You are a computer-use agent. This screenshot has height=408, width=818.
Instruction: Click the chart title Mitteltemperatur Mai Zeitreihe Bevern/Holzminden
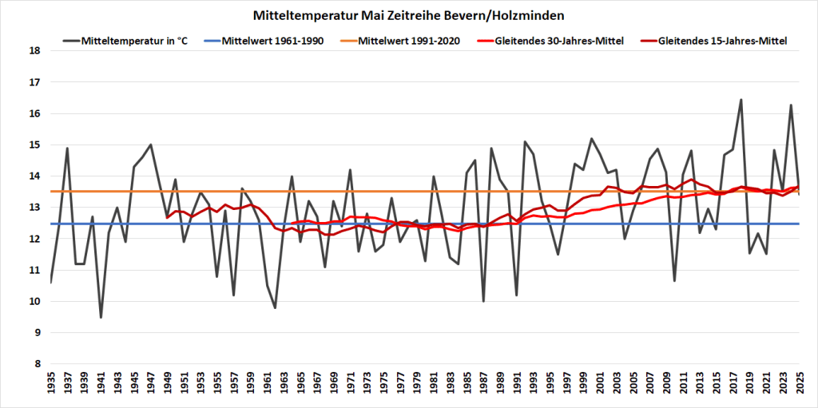click(409, 15)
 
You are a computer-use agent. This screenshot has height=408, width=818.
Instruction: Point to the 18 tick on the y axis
click(34, 50)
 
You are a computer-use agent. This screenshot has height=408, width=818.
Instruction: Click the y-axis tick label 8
click(34, 364)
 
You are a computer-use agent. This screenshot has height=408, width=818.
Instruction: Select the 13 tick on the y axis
click(34, 208)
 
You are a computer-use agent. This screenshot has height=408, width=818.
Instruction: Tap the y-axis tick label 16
click(34, 113)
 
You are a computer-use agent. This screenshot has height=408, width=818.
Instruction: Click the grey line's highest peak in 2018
click(741, 100)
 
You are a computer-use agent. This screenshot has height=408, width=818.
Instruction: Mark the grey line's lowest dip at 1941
click(101, 318)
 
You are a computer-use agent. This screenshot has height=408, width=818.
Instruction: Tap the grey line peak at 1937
click(67, 148)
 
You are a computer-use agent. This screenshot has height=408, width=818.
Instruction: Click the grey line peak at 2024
click(791, 105)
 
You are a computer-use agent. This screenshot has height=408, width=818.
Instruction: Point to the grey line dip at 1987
click(483, 301)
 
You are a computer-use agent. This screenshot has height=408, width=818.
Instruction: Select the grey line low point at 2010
click(675, 281)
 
